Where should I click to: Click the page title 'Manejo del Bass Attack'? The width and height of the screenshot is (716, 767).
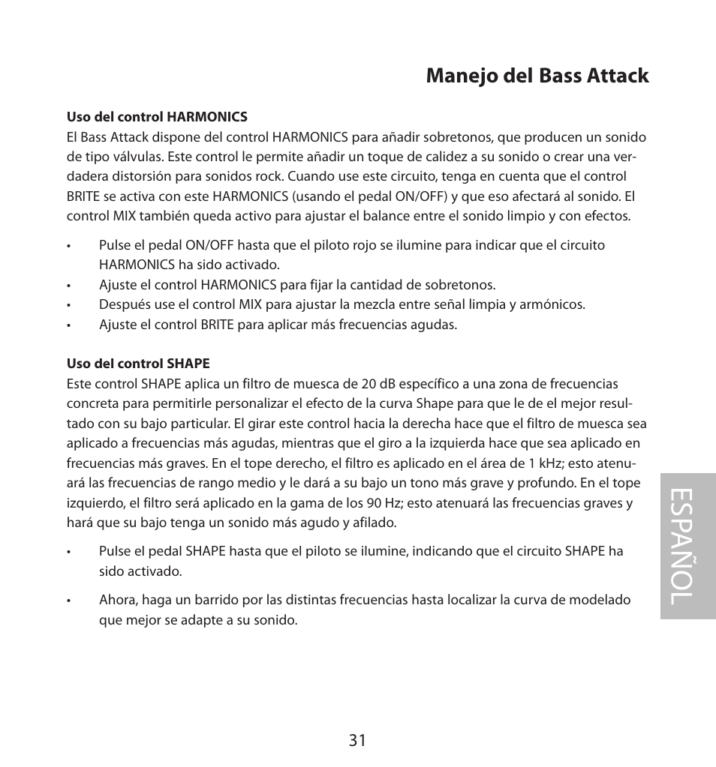click(537, 76)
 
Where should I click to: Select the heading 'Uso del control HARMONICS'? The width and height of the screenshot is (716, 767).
click(157, 117)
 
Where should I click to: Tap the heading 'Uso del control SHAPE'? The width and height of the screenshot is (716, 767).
click(138, 364)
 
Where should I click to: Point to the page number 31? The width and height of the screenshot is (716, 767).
click(357, 741)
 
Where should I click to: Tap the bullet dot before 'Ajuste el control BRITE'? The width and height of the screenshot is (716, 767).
click(68, 325)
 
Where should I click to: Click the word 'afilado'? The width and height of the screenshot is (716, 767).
click(375, 523)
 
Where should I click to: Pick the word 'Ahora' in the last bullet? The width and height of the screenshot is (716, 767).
click(116, 600)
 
